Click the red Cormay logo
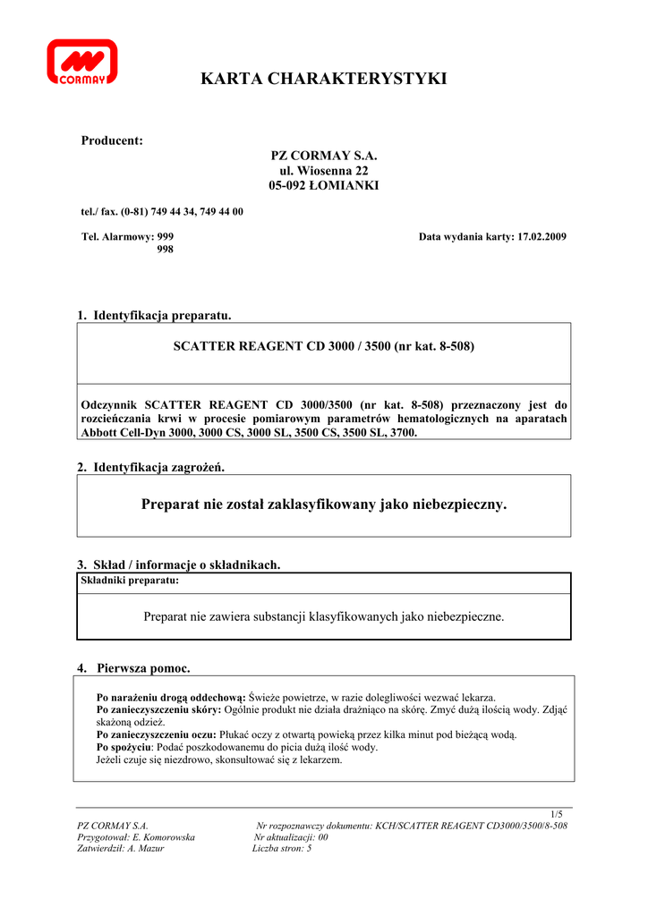[81, 61]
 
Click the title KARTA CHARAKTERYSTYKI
[323, 79]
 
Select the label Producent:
[112, 140]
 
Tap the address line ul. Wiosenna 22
[323, 170]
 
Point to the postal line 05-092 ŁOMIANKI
[323, 185]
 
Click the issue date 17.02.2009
[541, 236]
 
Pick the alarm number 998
[166, 250]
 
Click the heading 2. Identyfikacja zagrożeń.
[151, 467]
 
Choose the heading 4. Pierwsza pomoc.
[133, 667]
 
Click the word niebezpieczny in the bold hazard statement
[459, 505]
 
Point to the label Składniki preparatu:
[130, 581]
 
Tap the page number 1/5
[557, 814]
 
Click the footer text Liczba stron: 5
[282, 849]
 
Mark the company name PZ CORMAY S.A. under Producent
[323, 155]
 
